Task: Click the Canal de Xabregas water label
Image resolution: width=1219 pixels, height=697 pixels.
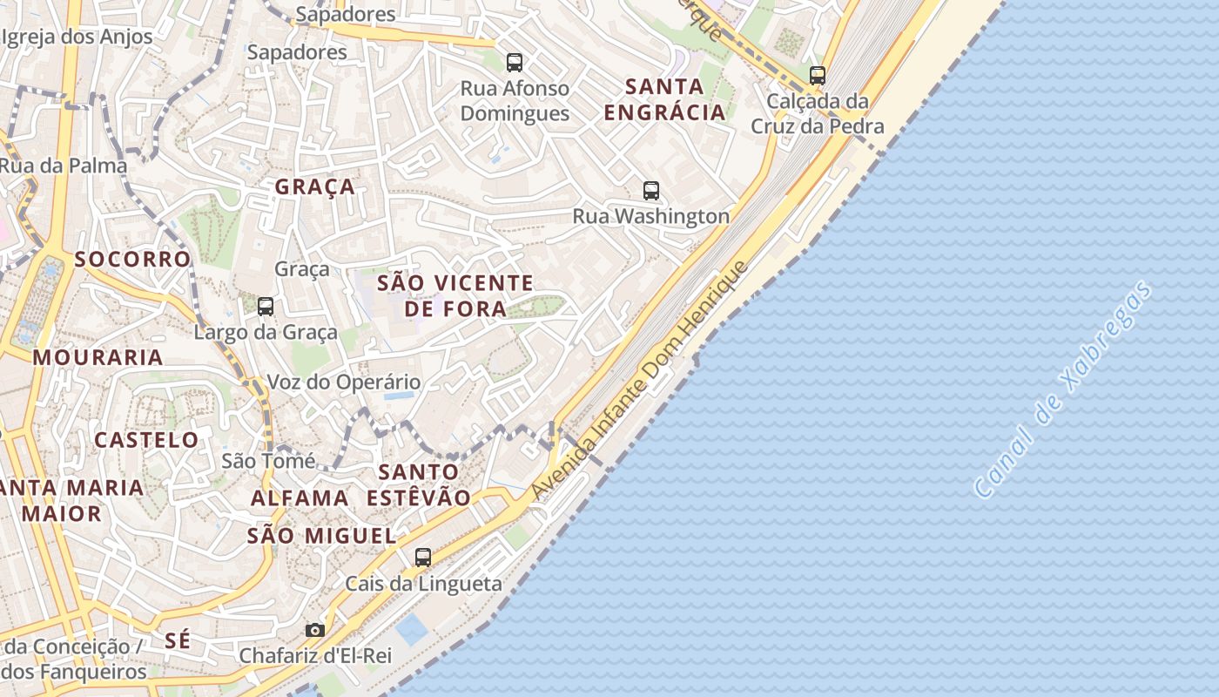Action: pyautogui.click(x=1064, y=389)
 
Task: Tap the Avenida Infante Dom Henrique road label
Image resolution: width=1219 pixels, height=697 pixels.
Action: pyautogui.click(x=640, y=381)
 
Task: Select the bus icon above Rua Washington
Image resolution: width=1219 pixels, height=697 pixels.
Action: pyautogui.click(x=651, y=191)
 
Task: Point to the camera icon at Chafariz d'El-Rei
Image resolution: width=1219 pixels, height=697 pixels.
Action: pyautogui.click(x=315, y=630)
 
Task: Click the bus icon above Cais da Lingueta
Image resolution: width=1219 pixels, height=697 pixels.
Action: pyautogui.click(x=423, y=558)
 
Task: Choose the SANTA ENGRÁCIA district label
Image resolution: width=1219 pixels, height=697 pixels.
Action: pyautogui.click(x=665, y=99)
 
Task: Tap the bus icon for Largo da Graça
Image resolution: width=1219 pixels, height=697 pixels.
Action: pyautogui.click(x=266, y=307)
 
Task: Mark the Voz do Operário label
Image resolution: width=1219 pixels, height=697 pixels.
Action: pyautogui.click(x=343, y=382)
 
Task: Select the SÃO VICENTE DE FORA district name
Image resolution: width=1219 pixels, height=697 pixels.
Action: pyautogui.click(x=455, y=295)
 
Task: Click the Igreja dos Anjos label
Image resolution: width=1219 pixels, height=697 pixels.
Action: pyautogui.click(x=77, y=37)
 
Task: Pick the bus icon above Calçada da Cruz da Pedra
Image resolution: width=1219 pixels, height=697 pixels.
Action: pyautogui.click(x=817, y=76)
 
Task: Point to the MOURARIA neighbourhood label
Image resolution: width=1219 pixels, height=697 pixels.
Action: pyautogui.click(x=98, y=357)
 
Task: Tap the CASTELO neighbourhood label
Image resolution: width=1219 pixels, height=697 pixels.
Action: pyautogui.click(x=146, y=440)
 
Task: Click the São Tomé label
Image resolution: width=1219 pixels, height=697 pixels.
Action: pyautogui.click(x=268, y=460)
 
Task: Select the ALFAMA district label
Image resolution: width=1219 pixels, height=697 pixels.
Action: pyautogui.click(x=300, y=498)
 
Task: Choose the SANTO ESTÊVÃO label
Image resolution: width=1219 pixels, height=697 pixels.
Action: pyautogui.click(x=419, y=485)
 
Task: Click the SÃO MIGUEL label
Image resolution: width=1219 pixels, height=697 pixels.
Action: pyautogui.click(x=322, y=536)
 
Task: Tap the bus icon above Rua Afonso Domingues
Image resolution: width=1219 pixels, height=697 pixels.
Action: pyautogui.click(x=515, y=63)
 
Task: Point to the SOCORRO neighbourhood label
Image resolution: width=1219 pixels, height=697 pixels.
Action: pyautogui.click(x=132, y=259)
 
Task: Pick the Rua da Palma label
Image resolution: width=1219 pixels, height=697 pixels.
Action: pyautogui.click(x=64, y=166)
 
